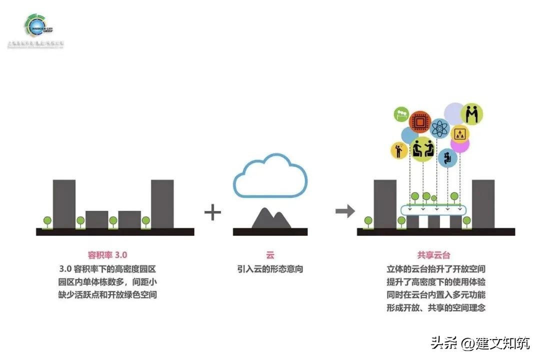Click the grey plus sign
pyautogui.click(x=212, y=212)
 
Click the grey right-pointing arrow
pyautogui.click(x=345, y=211)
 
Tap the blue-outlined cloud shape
pyautogui.click(x=270, y=176)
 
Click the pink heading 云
pyautogui.click(x=270, y=254)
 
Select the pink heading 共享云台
pyautogui.click(x=433, y=254)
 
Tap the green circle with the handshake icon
pyautogui.click(x=471, y=114)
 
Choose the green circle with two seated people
pyautogui.click(x=422, y=149)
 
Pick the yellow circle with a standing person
pyautogui.click(x=398, y=150)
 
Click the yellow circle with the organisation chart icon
pyautogui.click(x=459, y=133)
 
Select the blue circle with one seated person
pyautogui.click(x=447, y=157)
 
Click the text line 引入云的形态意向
pyautogui.click(x=270, y=268)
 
